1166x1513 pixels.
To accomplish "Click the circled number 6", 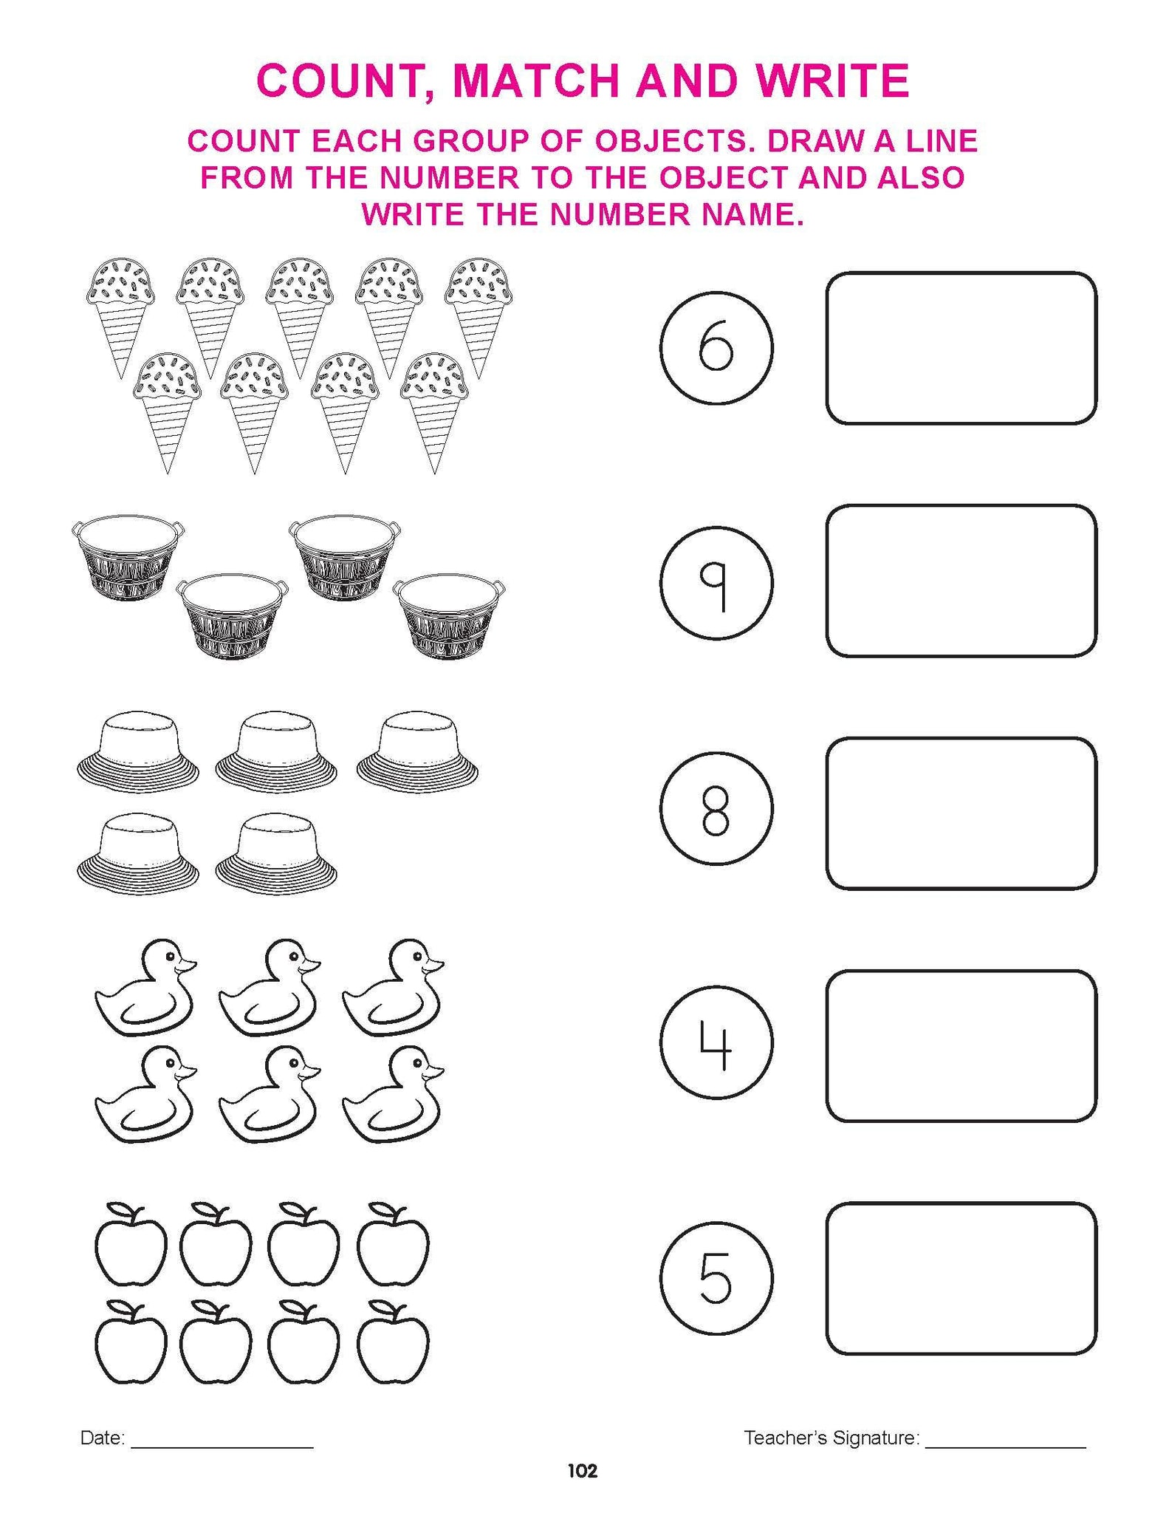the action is point(716,348).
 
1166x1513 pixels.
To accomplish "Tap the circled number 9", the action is point(716,581).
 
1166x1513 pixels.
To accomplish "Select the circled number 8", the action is point(716,809).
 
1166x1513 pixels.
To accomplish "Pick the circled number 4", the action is point(716,1042).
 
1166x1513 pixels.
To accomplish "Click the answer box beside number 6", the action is point(961,348).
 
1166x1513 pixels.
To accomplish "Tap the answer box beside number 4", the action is point(961,1046).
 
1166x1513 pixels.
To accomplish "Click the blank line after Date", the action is point(222,1447).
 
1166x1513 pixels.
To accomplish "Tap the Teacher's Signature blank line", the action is point(1006,1447).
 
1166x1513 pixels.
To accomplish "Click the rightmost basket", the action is point(450,616).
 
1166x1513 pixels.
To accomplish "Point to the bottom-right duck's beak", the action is point(435,1072).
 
